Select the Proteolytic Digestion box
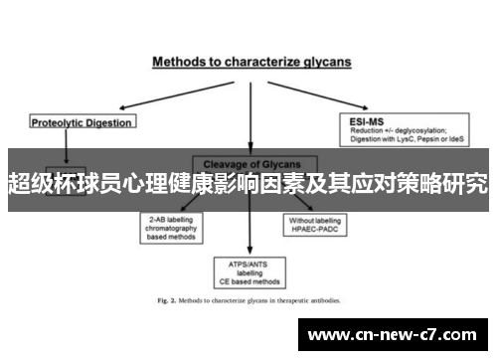pyautogui.click(x=83, y=122)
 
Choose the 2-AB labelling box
pyautogui.click(x=172, y=227)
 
